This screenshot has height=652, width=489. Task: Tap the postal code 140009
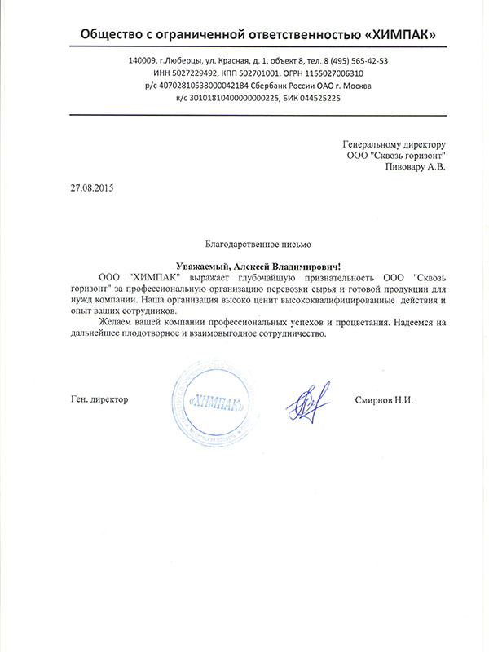click(x=143, y=61)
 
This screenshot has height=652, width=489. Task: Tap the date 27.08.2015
click(x=92, y=188)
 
